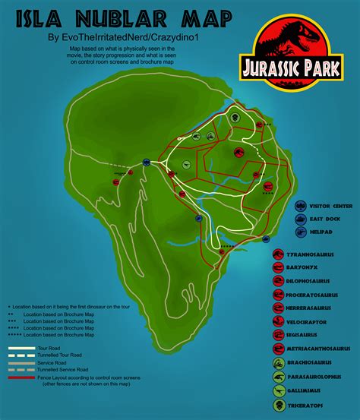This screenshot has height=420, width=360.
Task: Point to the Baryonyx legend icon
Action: click(x=279, y=265)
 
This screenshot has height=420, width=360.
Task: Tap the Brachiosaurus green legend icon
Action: click(x=279, y=362)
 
